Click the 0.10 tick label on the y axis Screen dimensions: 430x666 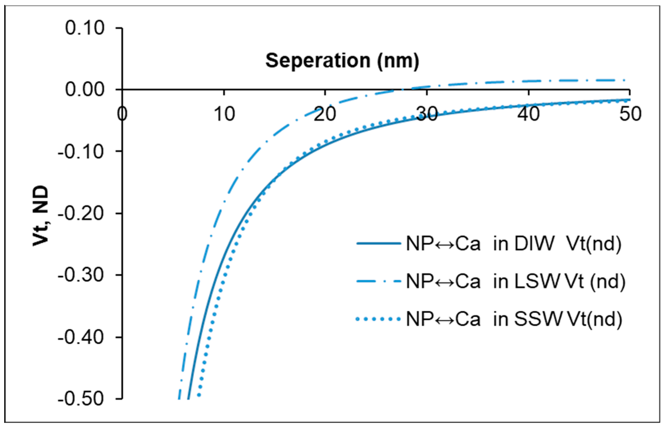click(85, 28)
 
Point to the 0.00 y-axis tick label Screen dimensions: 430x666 click(85, 90)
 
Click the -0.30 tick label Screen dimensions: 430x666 click(81, 275)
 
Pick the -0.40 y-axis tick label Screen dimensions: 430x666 click(81, 338)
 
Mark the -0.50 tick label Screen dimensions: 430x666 click(81, 400)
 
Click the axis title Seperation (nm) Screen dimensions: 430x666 click(342, 60)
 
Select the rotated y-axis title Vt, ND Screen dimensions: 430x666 click(41, 216)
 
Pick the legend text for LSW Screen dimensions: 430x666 click(515, 281)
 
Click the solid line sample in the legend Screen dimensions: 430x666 click(379, 244)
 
